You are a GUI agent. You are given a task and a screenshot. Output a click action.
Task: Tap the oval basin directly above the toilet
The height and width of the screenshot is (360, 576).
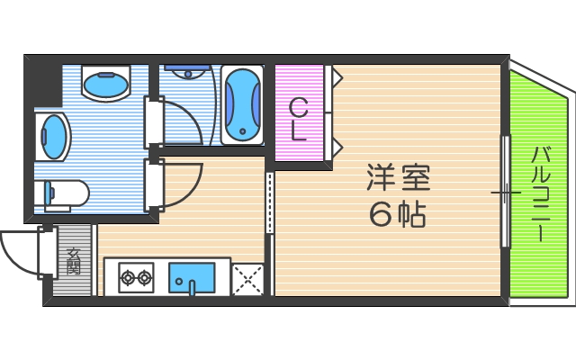tap(53, 135)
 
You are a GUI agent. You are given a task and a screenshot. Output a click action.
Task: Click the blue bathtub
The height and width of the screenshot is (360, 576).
tap(240, 104)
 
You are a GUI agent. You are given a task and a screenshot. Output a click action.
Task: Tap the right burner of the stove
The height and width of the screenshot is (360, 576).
tap(143, 277)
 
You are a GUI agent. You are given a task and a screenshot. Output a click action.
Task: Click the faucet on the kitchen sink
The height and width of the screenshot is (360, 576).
tap(192, 287)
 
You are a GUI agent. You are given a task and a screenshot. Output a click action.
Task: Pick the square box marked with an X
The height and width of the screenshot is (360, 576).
tap(247, 278)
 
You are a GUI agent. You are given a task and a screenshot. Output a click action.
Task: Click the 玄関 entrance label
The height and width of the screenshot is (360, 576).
tap(73, 261)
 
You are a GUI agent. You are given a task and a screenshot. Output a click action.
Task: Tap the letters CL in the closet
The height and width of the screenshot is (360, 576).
tap(300, 120)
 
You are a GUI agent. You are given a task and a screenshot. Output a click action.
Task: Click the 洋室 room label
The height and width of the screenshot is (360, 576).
tap(398, 177)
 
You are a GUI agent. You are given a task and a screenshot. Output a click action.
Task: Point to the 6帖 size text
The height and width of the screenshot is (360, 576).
tap(398, 213)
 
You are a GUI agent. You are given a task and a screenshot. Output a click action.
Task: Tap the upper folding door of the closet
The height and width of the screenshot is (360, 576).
tap(334, 78)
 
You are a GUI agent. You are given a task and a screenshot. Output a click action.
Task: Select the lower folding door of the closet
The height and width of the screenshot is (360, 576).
tap(334, 145)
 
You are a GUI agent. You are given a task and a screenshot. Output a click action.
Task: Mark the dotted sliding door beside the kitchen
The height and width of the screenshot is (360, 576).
tap(268, 203)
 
